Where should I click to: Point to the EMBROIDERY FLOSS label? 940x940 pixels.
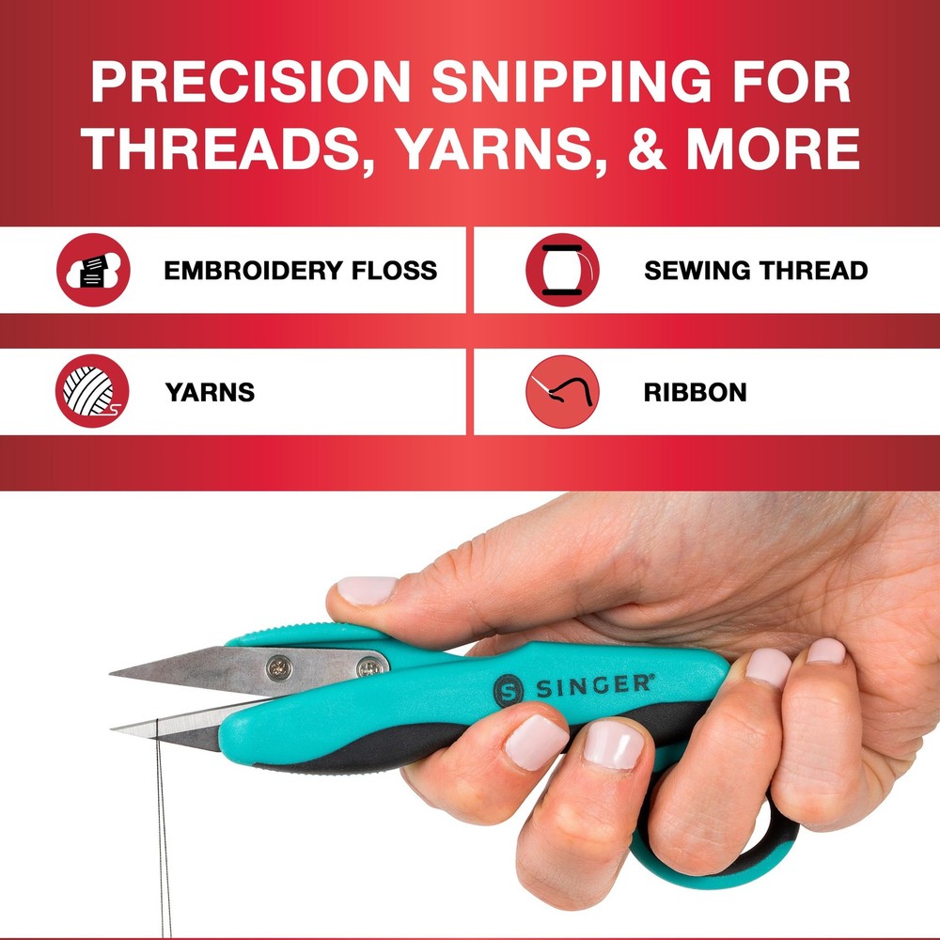(x=300, y=271)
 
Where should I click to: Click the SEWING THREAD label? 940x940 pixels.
(x=755, y=271)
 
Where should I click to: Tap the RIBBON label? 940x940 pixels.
(x=695, y=392)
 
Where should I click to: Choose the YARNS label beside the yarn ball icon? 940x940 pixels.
(x=210, y=392)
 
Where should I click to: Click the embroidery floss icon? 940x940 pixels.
(x=93, y=271)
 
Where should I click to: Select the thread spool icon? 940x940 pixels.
(x=562, y=271)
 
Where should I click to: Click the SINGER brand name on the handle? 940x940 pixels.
(x=593, y=685)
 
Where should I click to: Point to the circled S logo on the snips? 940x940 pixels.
(x=507, y=693)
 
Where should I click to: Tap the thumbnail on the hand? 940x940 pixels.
(x=368, y=590)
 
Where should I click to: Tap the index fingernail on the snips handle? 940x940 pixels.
(x=536, y=739)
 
